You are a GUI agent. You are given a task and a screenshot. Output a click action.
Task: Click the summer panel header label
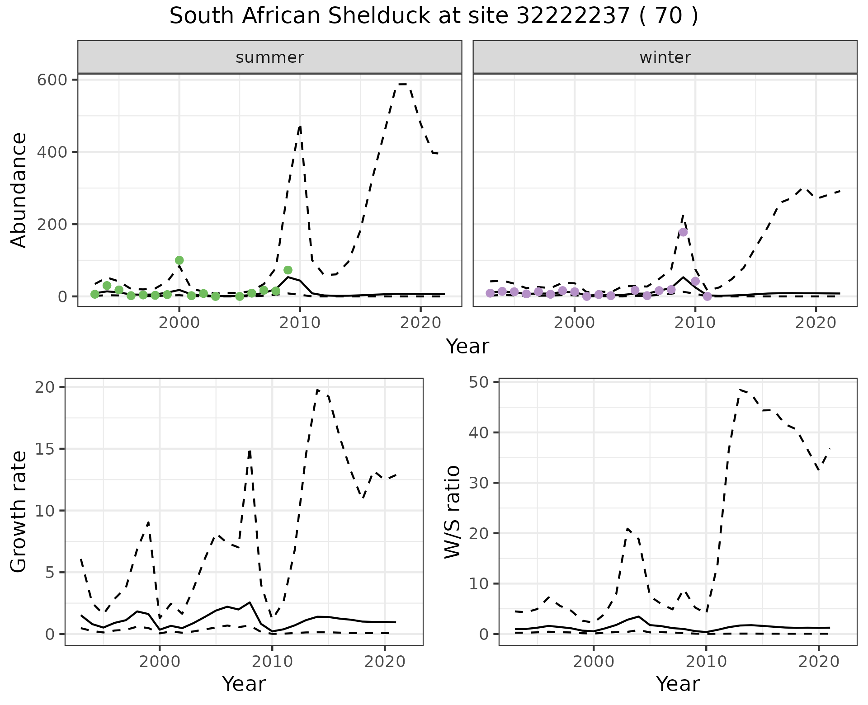pyautogui.click(x=270, y=57)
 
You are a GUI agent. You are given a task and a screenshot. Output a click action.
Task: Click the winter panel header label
pyautogui.click(x=665, y=57)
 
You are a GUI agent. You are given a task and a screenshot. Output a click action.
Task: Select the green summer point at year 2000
pyautogui.click(x=179, y=260)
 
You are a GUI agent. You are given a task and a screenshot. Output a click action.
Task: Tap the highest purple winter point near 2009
pyautogui.click(x=683, y=232)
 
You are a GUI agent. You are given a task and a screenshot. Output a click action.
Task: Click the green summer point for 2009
pyautogui.click(x=288, y=270)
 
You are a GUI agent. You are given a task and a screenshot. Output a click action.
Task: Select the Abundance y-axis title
pyautogui.click(x=19, y=190)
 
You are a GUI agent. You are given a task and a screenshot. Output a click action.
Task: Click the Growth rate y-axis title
pyautogui.click(x=19, y=512)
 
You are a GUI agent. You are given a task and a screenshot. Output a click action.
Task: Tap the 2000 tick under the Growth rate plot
pyautogui.click(x=159, y=662)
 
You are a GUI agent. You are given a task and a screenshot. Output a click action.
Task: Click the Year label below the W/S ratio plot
pyautogui.click(x=678, y=684)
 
